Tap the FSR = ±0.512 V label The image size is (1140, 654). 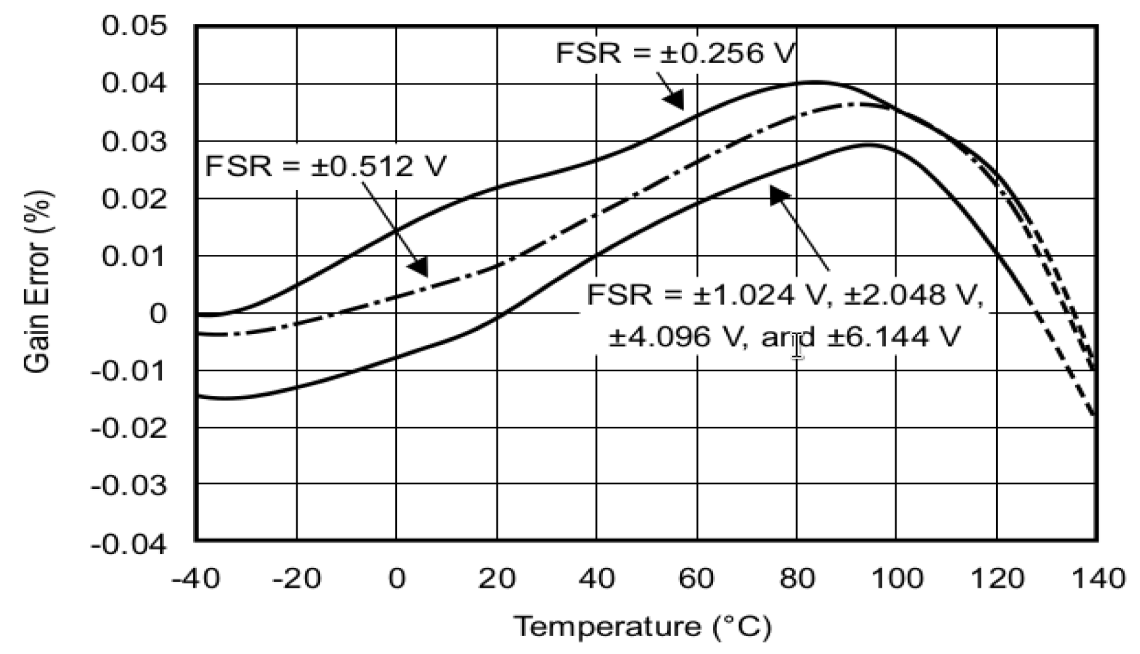click(326, 166)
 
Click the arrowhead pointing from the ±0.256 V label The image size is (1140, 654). click(674, 100)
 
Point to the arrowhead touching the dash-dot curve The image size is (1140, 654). click(419, 267)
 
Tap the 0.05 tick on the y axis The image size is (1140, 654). click(134, 27)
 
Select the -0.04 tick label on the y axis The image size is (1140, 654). click(129, 544)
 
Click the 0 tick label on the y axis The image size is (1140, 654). click(158, 314)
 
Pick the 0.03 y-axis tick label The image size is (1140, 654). click(134, 142)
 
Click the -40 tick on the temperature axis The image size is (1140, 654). click(195, 579)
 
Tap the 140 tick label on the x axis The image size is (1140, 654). click(1097, 579)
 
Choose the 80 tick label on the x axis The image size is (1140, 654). click(797, 579)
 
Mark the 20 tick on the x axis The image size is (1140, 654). click(497, 579)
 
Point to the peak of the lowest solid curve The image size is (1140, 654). click(870, 145)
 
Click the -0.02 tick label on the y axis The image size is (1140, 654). click(129, 428)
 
